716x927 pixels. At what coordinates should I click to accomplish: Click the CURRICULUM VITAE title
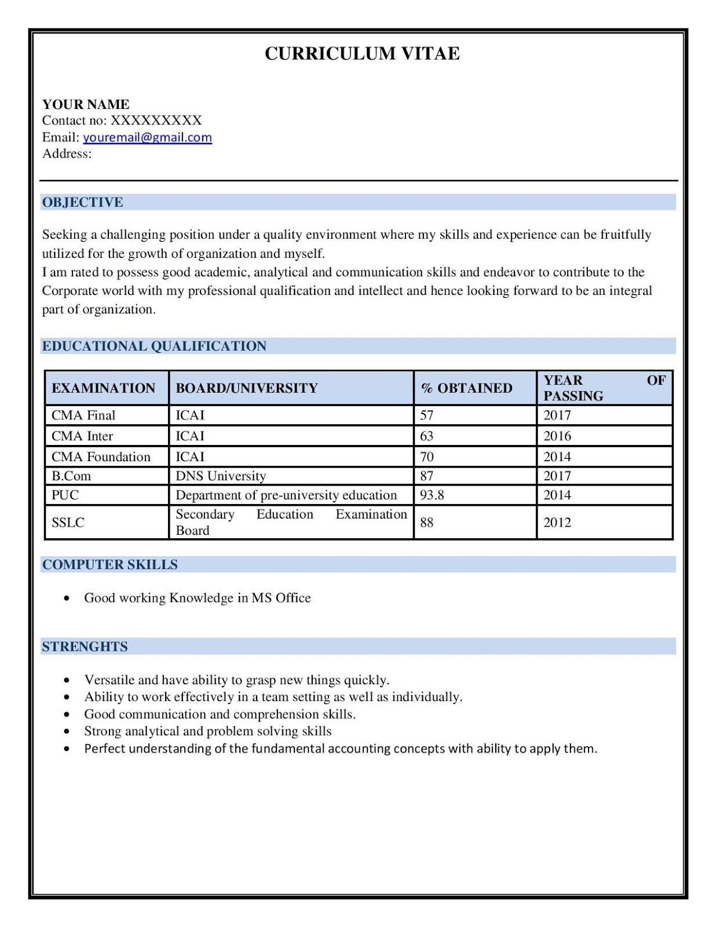(x=362, y=53)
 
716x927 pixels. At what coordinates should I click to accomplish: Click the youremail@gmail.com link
(x=147, y=137)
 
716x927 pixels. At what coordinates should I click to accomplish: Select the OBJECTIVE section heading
(x=82, y=202)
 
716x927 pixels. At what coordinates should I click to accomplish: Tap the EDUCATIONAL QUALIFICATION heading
(x=154, y=346)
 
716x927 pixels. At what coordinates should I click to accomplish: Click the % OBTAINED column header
(x=467, y=388)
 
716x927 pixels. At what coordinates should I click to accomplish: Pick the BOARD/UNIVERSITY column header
(x=247, y=388)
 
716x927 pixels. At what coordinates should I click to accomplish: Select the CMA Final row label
(x=83, y=415)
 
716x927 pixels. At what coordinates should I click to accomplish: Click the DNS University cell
(x=221, y=476)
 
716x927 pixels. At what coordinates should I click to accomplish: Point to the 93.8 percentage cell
(x=432, y=495)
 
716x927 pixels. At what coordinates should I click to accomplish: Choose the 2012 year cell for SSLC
(x=557, y=523)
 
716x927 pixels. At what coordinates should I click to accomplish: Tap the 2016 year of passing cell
(x=557, y=436)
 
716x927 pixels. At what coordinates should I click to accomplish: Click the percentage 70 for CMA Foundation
(x=427, y=457)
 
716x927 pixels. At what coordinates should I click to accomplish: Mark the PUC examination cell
(x=65, y=495)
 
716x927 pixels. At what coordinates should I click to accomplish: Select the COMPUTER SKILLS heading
(x=110, y=565)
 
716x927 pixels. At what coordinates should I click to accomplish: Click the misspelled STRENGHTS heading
(x=85, y=647)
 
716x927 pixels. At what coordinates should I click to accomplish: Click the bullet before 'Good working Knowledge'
(x=68, y=598)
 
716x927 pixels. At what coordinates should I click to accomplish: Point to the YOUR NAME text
(x=86, y=104)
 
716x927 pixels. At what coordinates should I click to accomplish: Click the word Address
(x=67, y=154)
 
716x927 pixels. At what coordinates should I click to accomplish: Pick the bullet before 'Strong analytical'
(x=68, y=732)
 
